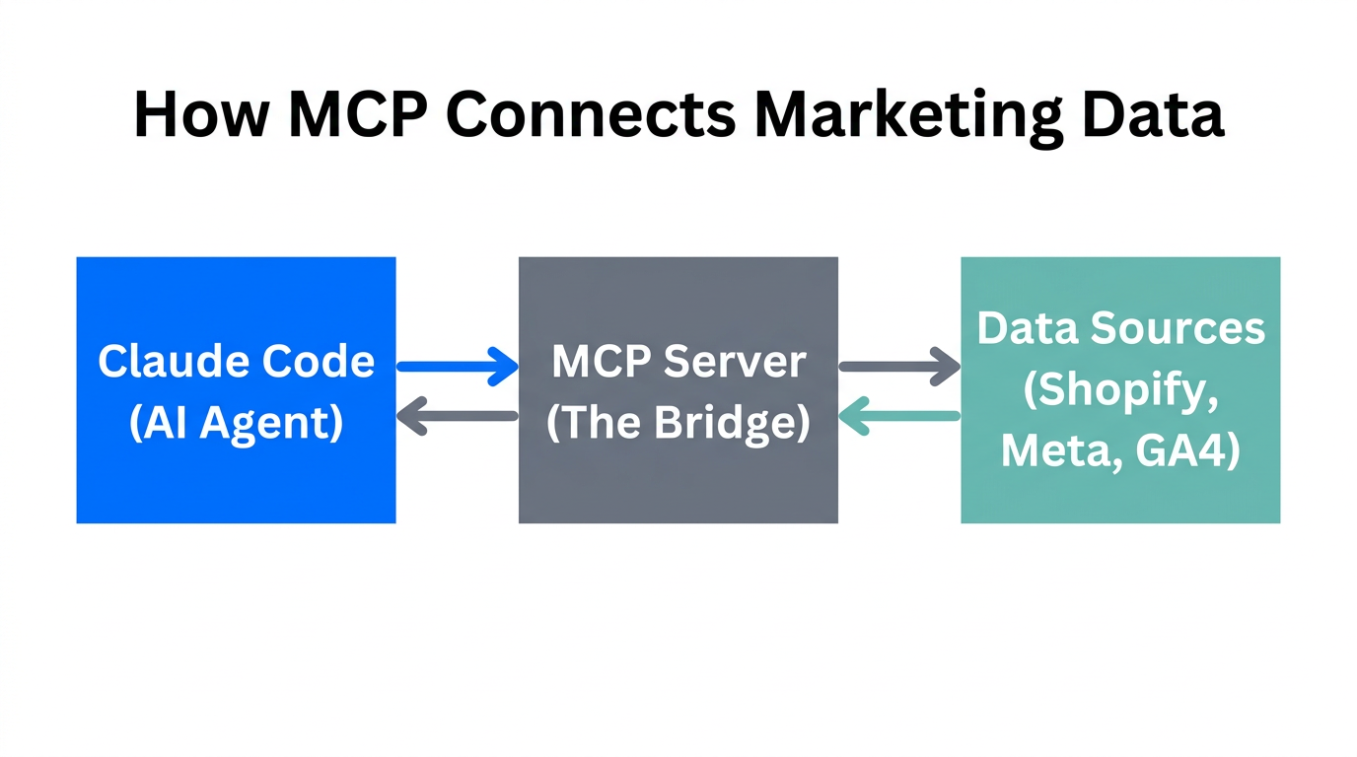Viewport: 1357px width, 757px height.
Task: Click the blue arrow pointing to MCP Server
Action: tap(458, 367)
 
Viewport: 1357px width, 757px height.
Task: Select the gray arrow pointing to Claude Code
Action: tap(458, 416)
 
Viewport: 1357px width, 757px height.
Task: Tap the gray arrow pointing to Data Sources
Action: tap(899, 367)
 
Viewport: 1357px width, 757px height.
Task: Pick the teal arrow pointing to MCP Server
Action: tap(899, 416)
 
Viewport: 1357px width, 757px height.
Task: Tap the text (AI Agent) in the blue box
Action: tap(237, 422)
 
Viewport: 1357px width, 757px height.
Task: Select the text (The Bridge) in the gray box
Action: tap(678, 422)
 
